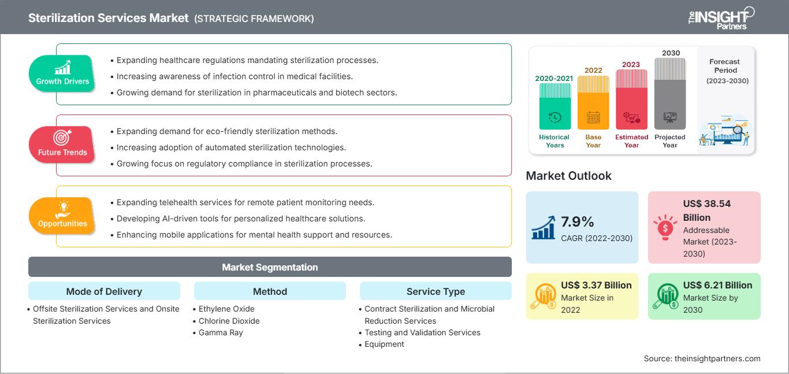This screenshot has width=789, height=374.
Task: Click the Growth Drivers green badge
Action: click(x=62, y=73)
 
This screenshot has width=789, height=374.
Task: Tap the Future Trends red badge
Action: click(x=62, y=145)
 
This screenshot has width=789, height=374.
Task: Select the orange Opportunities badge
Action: click(x=62, y=216)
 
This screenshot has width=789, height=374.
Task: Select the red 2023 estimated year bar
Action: click(x=631, y=98)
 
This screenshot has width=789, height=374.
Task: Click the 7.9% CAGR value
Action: click(x=578, y=222)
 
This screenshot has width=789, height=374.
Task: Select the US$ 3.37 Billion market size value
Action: click(x=596, y=286)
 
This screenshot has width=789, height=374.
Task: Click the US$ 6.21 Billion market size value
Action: click(x=717, y=286)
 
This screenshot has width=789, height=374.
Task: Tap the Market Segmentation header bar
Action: click(x=270, y=267)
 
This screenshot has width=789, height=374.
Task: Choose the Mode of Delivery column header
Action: click(x=104, y=291)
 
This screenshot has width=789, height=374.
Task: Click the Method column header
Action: click(x=270, y=291)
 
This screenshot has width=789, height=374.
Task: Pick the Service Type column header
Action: click(x=436, y=291)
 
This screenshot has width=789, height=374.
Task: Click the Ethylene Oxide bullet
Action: click(x=226, y=309)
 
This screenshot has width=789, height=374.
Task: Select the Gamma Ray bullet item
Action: click(x=221, y=332)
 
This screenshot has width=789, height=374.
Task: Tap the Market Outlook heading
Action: click(x=568, y=176)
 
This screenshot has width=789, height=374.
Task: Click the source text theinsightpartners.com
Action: click(x=702, y=358)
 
